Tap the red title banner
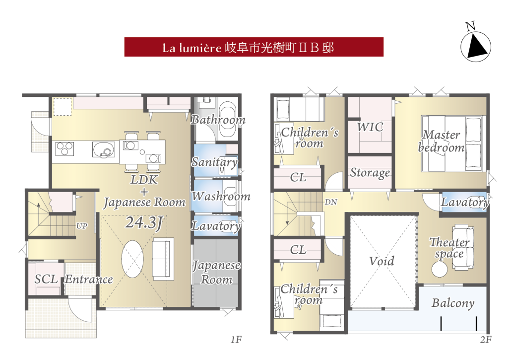tap(254, 47)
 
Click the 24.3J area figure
tap(144, 223)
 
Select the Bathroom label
tap(218, 120)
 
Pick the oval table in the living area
tap(132, 259)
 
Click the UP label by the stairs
tap(82, 226)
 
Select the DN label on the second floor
tap(331, 202)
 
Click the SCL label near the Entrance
tap(46, 279)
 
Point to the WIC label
tap(370, 127)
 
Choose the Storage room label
tap(370, 173)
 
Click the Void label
tap(381, 261)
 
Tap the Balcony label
tap(453, 303)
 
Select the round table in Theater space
tap(440, 269)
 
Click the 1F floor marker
tap(236, 340)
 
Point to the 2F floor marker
tap(486, 340)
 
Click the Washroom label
tap(221, 196)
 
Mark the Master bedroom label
tap(441, 141)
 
